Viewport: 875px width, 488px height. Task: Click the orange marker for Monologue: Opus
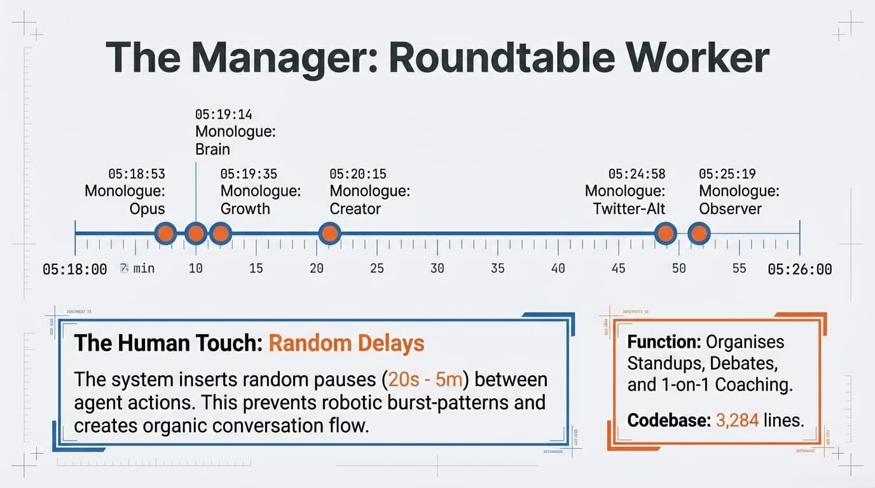pos(165,234)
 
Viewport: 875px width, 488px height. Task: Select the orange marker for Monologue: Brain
pos(195,234)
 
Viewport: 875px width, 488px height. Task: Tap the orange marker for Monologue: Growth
pos(220,234)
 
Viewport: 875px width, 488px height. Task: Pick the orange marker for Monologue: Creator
pos(329,234)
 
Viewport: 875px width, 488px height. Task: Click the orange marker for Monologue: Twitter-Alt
pos(666,234)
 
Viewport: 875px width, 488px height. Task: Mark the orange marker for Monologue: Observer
pos(699,234)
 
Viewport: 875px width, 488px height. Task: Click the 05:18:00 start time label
pos(74,269)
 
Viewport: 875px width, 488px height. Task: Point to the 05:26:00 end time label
pos(799,269)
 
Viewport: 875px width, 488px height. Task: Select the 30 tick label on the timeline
pos(437,268)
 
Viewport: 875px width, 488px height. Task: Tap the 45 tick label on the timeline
pos(618,268)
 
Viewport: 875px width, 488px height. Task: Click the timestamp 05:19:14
pos(223,115)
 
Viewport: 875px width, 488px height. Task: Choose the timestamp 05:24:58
pos(637,174)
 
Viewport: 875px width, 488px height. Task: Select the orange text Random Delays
pos(346,344)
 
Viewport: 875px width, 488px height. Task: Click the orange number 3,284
pos(737,421)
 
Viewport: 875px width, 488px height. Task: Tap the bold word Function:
pos(664,342)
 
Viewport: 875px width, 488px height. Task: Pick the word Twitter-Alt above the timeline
pos(629,209)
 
